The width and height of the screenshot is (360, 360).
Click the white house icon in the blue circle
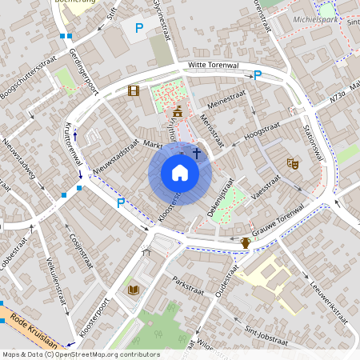(x=180, y=173)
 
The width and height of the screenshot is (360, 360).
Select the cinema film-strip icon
(x=133, y=90)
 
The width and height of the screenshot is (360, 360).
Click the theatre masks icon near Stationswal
(x=293, y=162)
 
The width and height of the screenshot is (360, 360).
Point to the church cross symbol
(x=196, y=151)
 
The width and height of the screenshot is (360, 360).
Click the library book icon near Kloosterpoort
(x=132, y=289)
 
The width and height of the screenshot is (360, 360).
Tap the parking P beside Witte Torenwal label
(x=257, y=75)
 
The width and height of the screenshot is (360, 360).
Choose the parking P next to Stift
(x=139, y=28)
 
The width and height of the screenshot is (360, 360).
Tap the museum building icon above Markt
(x=177, y=110)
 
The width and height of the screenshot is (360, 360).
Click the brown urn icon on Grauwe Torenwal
(x=246, y=242)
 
